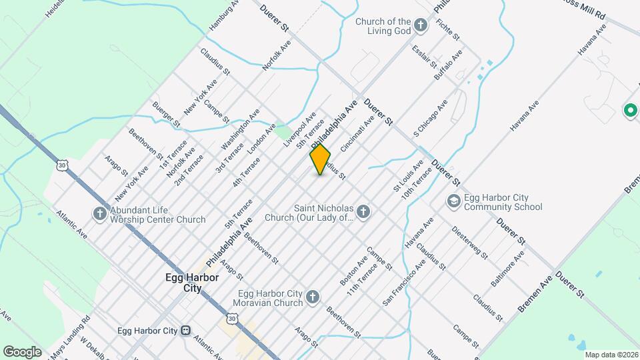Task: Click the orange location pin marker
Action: pyautogui.click(x=320, y=159)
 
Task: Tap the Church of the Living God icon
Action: pyautogui.click(x=420, y=26)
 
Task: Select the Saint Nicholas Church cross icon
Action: pyautogui.click(x=363, y=212)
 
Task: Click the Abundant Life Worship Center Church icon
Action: pyautogui.click(x=100, y=214)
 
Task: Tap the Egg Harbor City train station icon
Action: pyautogui.click(x=186, y=331)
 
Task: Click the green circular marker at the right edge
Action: pyautogui.click(x=630, y=110)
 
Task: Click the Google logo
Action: pyautogui.click(x=22, y=351)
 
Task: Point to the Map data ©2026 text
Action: pyautogui.click(x=610, y=355)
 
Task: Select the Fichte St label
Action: pyautogui.click(x=445, y=28)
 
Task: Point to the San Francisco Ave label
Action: pyautogui.click(x=404, y=283)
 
